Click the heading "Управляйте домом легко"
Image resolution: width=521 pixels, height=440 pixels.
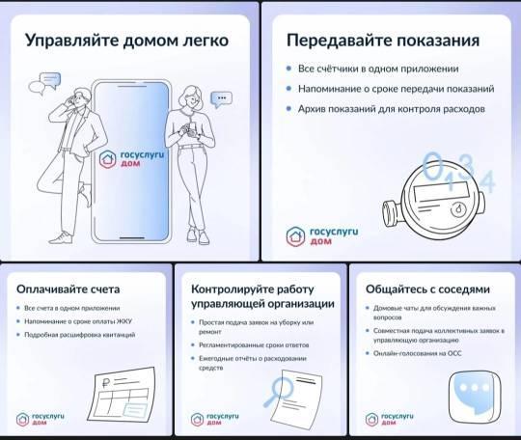tap(127, 41)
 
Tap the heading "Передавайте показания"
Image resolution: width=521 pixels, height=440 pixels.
tap(383, 41)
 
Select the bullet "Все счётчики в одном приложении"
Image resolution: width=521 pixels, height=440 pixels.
tap(378, 69)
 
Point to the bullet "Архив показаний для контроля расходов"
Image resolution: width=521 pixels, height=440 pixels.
tap(392, 109)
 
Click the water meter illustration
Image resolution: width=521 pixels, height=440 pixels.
tap(433, 200)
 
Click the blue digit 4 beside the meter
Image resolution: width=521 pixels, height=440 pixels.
tap(487, 181)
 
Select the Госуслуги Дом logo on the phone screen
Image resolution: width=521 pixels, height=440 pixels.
tap(131, 159)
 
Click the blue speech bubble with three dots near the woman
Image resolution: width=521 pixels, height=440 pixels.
tap(222, 99)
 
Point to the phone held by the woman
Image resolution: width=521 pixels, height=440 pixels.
tap(193, 127)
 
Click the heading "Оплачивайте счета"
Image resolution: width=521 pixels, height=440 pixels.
tap(69, 289)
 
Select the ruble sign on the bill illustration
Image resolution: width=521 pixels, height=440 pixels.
tap(106, 383)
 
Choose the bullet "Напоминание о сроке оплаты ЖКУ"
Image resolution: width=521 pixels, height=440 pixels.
tap(78, 321)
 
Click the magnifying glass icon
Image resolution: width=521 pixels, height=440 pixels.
tap(279, 392)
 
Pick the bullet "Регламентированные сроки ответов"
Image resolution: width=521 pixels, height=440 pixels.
tap(254, 345)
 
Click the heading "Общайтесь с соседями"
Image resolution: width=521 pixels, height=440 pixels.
tap(428, 289)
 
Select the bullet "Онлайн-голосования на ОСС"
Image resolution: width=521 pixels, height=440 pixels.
tap(418, 353)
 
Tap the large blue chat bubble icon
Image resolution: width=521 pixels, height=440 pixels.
tap(475, 397)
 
